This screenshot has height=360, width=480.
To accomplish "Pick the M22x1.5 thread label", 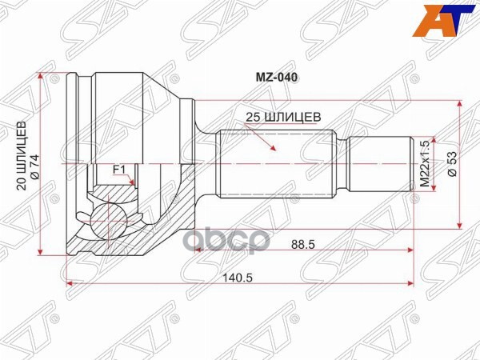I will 425,163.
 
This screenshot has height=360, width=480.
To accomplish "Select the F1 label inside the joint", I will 118,169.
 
